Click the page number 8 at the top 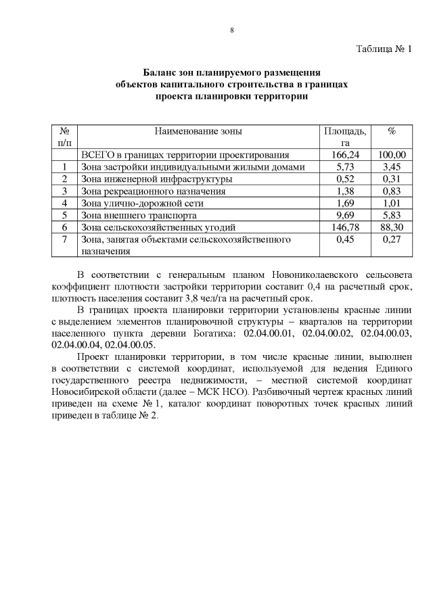point(231,29)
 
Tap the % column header point(391,131)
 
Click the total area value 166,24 point(345,155)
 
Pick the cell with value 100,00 point(391,155)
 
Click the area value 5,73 point(345,166)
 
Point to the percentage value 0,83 point(391,191)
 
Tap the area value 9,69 point(345,215)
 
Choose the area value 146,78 point(345,227)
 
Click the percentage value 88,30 point(391,227)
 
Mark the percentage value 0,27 point(391,239)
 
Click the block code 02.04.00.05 point(133,344)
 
